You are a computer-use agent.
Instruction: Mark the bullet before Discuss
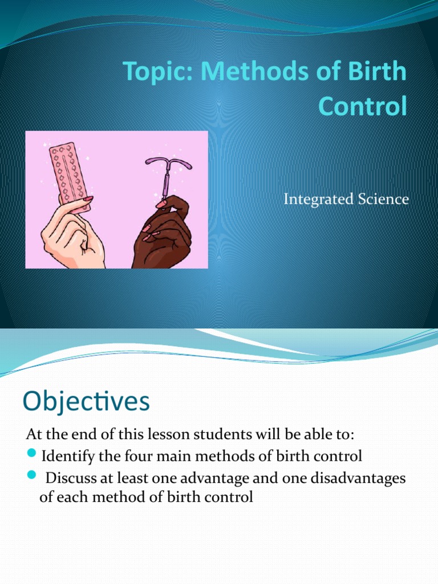31,477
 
